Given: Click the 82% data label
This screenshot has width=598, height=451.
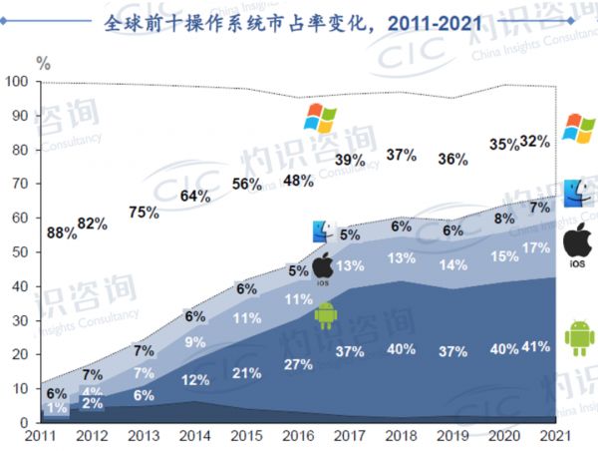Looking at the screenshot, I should coord(93,224).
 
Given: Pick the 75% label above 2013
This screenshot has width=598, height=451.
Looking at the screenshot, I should coord(143,212).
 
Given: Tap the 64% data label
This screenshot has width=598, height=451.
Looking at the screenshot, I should coord(195,197).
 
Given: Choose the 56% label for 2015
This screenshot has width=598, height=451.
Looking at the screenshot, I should coord(247,184).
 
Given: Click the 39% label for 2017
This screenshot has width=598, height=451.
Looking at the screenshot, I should coord(350,160).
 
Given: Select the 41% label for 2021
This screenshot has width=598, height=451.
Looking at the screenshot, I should coord(535,347).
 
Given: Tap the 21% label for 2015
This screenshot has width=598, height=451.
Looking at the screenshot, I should coord(247,373).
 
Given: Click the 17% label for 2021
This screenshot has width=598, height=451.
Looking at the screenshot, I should coord(535,247).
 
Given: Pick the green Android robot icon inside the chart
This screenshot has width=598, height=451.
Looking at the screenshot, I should coord(326,315).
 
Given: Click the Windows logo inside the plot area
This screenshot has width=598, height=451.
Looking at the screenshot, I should coord(321,118).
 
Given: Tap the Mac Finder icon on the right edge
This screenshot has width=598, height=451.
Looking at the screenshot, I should coord(578,193).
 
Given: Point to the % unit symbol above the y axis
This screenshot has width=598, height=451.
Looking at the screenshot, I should coord(44,62).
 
